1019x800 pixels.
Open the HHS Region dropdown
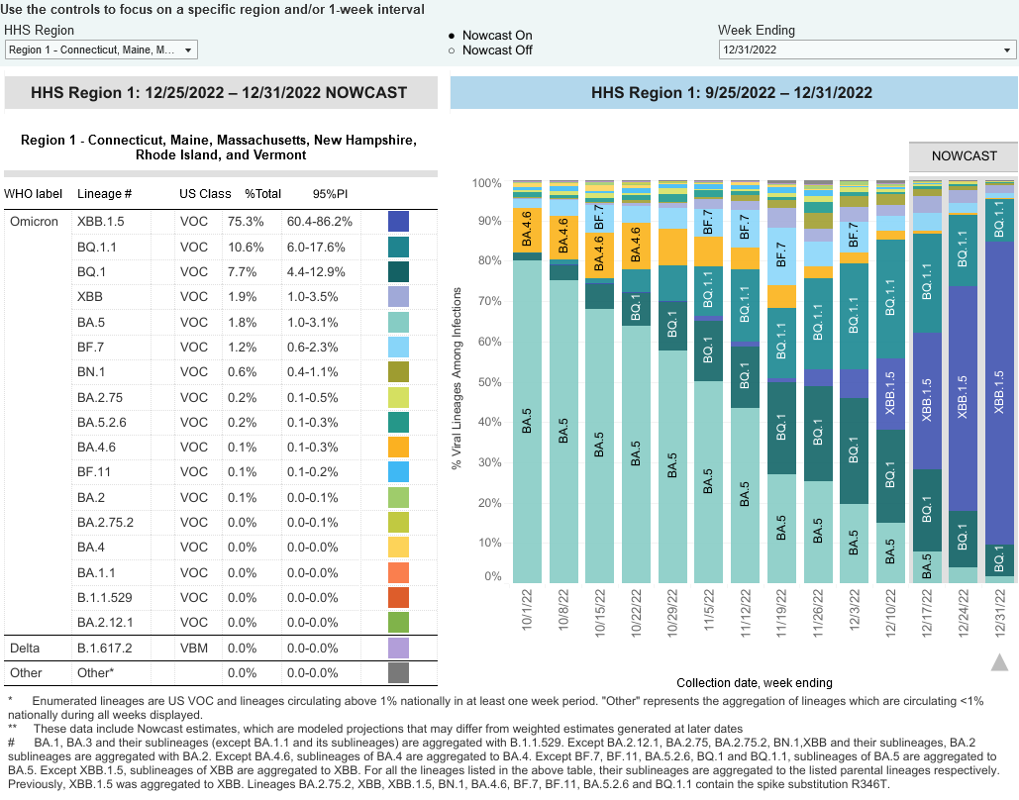click(x=102, y=50)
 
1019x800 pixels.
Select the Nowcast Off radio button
click(x=452, y=50)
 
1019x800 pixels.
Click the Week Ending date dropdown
click(x=866, y=50)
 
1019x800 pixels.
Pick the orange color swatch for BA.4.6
click(x=398, y=447)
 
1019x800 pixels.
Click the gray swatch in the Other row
click(x=398, y=673)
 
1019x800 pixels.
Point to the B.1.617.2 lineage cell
click(x=104, y=648)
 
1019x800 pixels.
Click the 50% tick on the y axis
click(x=486, y=382)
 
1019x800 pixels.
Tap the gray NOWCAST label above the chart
click(x=964, y=156)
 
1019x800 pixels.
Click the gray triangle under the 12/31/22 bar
click(x=999, y=662)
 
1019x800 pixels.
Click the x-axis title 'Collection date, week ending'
click(x=755, y=682)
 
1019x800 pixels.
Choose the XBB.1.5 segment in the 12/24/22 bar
click(x=963, y=398)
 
